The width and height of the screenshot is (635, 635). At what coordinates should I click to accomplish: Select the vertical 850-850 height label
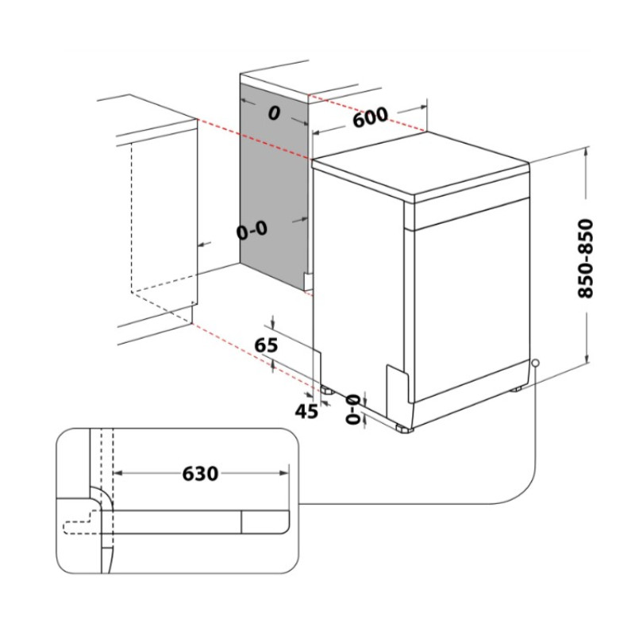tap(586, 259)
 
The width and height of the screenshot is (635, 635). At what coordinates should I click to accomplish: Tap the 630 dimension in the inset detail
tap(200, 474)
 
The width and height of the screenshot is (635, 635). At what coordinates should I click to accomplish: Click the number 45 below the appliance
tap(306, 410)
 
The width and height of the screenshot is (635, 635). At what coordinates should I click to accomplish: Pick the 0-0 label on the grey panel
tap(252, 231)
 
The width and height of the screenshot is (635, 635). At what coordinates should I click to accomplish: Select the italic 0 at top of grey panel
tap(274, 114)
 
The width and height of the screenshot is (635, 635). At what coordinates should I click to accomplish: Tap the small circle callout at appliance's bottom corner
tap(537, 363)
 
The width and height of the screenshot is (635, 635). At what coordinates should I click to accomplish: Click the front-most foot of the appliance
tap(406, 428)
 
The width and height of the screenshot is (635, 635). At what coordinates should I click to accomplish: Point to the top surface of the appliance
tap(421, 163)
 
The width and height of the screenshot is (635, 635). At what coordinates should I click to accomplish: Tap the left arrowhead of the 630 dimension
tap(117, 474)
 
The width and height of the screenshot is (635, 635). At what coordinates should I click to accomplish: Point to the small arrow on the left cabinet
tap(202, 245)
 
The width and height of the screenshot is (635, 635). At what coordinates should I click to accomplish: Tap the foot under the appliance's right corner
tap(517, 388)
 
